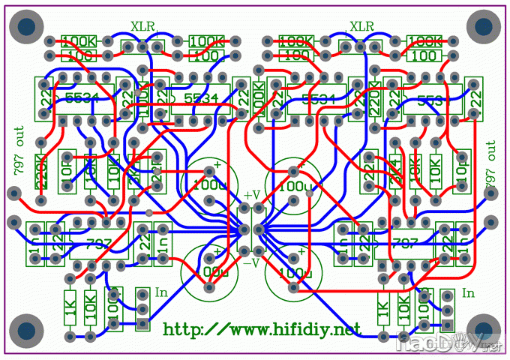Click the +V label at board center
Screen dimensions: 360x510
[252, 195]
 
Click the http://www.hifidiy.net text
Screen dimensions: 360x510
[262, 328]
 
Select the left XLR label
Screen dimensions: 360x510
[143, 26]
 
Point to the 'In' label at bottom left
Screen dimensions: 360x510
[160, 293]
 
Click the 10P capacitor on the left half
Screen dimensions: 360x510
[65, 174]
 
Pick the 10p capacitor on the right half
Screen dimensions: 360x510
[460, 174]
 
